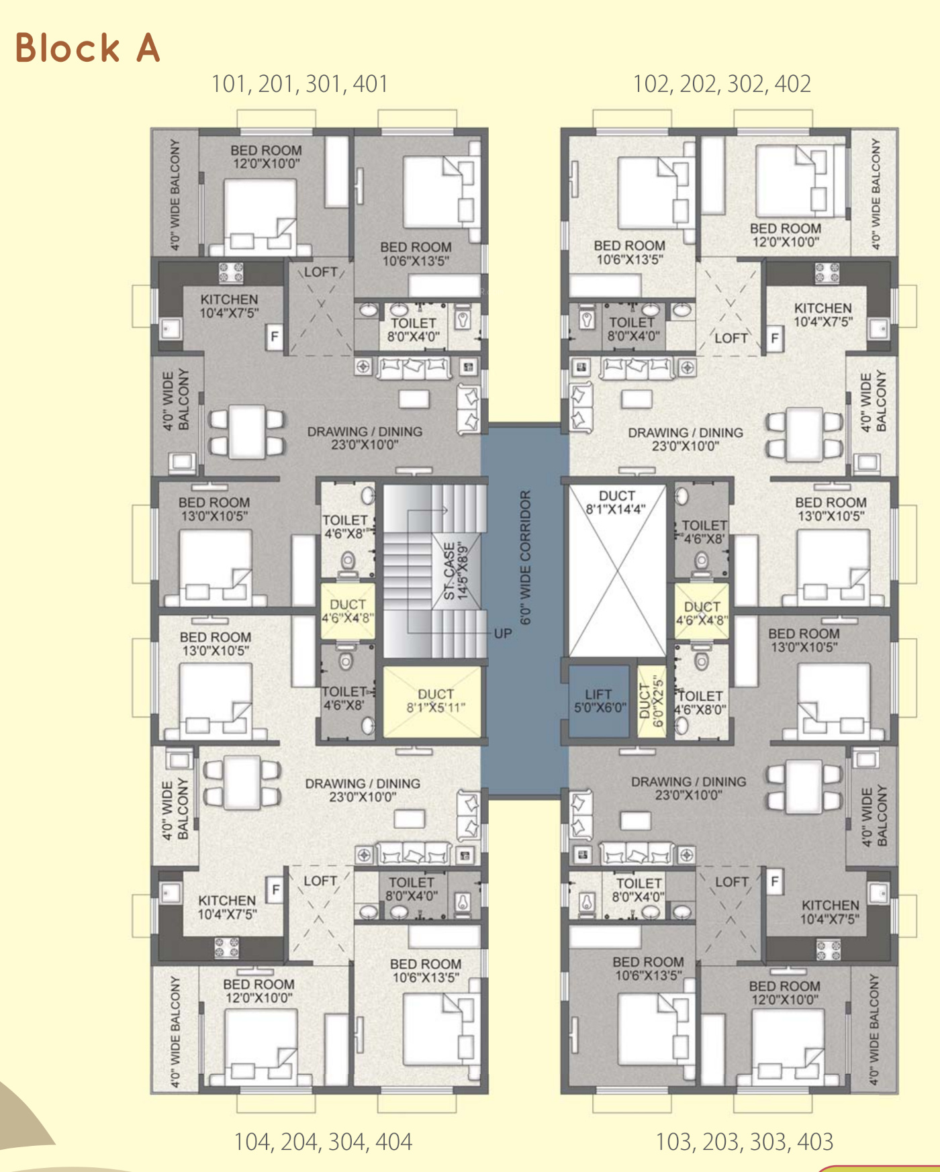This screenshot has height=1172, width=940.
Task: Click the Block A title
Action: pyautogui.click(x=87, y=48)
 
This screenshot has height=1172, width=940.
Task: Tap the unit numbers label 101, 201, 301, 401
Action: pyautogui.click(x=299, y=84)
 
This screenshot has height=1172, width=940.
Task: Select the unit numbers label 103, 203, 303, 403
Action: pyautogui.click(x=744, y=1142)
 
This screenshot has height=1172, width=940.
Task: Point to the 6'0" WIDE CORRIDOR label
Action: pyautogui.click(x=526, y=557)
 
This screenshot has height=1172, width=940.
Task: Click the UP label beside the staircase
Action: pyautogui.click(x=503, y=634)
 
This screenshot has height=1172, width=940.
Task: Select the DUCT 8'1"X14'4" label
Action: pyautogui.click(x=616, y=502)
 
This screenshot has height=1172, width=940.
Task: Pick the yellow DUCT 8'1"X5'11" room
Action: pyautogui.click(x=432, y=701)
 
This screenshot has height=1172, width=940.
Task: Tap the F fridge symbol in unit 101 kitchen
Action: pyautogui.click(x=275, y=336)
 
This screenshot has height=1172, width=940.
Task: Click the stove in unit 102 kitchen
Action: pyautogui.click(x=827, y=273)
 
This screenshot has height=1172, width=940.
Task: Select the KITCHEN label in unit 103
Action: pyautogui.click(x=830, y=906)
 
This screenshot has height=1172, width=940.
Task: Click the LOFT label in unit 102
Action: pyautogui.click(x=731, y=338)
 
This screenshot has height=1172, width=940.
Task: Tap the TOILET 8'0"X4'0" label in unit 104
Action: pyautogui.click(x=411, y=889)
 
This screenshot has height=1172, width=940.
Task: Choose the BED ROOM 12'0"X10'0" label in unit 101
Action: pyautogui.click(x=266, y=157)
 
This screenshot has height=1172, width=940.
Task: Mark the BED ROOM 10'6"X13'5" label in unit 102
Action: pyautogui.click(x=629, y=252)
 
